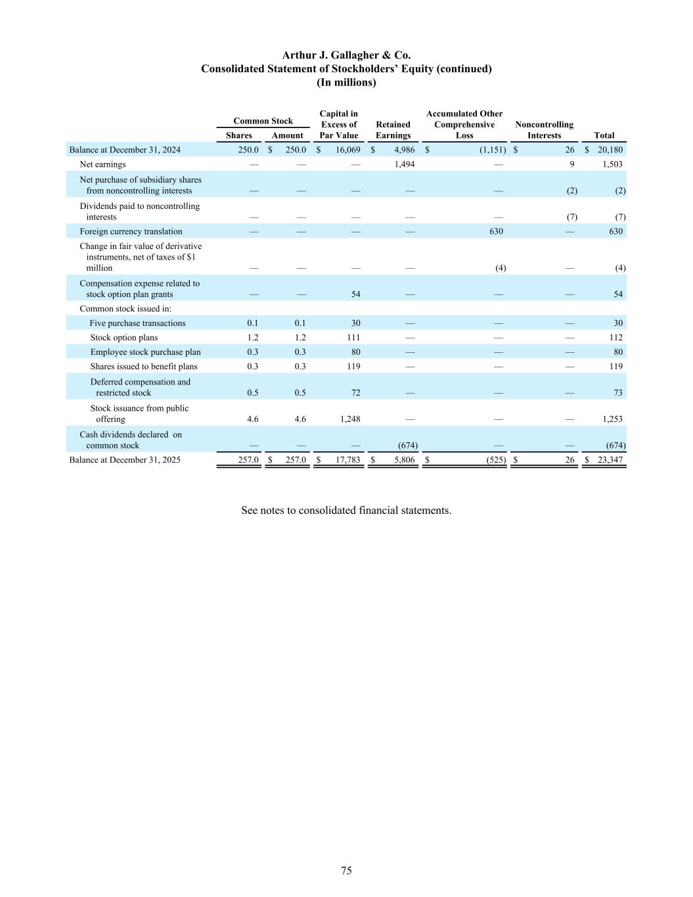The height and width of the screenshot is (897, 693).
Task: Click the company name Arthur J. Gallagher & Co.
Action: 346,55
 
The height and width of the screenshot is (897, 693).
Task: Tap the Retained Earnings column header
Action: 393,130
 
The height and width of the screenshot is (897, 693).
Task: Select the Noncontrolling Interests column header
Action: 544,130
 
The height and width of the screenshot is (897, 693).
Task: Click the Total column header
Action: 604,135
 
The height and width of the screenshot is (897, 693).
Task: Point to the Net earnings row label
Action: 102,164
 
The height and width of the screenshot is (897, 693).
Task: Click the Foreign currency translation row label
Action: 131,231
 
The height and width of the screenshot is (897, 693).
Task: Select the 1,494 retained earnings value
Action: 404,164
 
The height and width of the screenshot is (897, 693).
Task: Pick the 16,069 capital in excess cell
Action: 347,150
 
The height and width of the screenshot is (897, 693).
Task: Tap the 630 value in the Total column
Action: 615,231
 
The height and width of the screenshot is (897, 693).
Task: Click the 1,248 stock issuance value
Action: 347,419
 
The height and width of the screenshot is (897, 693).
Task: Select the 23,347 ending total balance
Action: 610,460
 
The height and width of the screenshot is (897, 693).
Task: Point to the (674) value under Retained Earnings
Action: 407,446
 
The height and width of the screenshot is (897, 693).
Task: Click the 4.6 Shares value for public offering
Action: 252,419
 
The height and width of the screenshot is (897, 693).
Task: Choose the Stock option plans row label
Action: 123,338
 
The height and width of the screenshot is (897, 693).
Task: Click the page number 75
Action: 346,871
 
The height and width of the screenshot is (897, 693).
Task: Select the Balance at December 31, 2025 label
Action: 124,460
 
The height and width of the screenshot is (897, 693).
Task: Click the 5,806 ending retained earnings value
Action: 404,460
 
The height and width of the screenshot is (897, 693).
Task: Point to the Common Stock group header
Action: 263,121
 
